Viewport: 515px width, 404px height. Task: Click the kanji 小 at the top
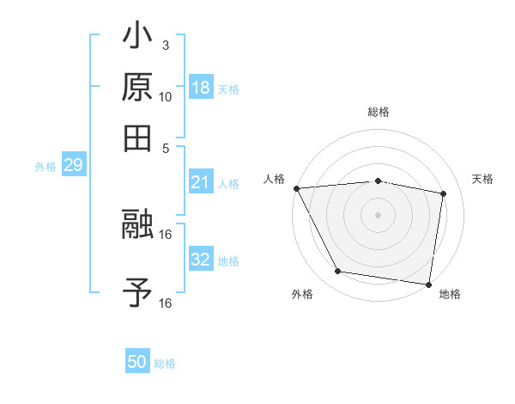137,39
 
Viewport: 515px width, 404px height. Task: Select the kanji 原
137,89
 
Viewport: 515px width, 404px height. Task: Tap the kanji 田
137,138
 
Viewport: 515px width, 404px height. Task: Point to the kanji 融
137,225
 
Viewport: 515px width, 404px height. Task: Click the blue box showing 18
201,87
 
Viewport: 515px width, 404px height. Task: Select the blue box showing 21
201,182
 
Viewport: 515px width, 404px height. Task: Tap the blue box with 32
201,260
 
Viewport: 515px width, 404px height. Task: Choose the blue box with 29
73,166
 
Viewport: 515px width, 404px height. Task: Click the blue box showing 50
137,362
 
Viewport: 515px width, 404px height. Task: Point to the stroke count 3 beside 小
165,45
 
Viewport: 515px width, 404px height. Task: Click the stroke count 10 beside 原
166,96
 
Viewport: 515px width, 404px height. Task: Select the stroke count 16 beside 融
166,234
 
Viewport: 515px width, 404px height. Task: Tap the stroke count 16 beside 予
166,303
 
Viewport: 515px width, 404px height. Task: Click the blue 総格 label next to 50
165,364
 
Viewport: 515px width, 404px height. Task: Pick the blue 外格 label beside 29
45,167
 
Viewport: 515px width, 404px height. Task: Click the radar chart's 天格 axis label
482,179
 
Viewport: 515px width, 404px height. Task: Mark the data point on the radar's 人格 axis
296,188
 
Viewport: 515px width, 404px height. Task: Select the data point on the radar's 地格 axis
428,284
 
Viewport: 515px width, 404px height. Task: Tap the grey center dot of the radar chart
378,214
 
